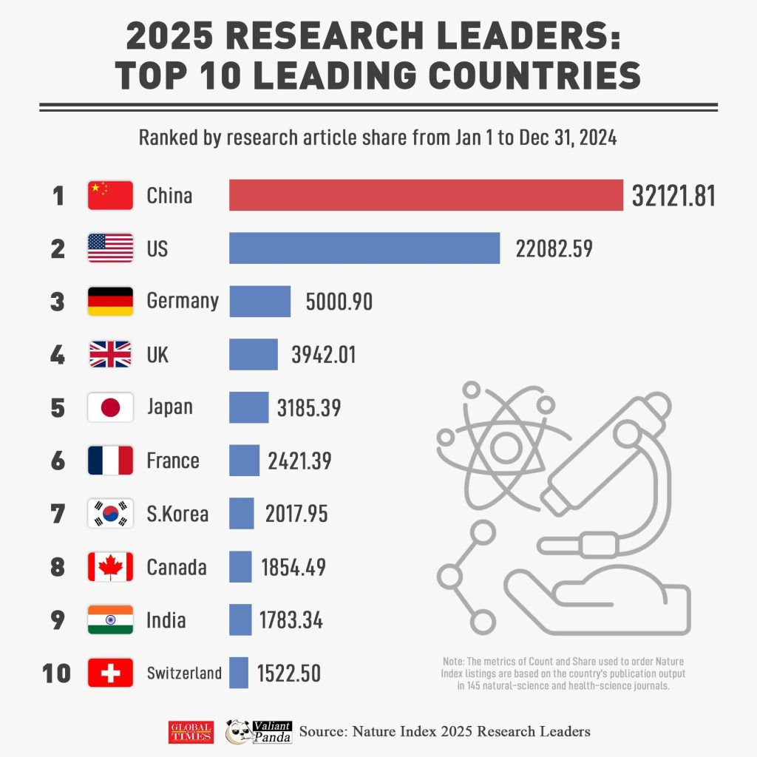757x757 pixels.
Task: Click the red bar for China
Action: [x=426, y=195]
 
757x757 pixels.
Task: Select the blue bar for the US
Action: [x=364, y=248]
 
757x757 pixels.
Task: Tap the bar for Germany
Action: [x=259, y=301]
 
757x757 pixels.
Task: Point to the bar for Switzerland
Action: [x=239, y=673]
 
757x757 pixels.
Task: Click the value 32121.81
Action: [x=673, y=196]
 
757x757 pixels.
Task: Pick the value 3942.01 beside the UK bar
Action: [x=323, y=355]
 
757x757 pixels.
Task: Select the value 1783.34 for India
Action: [x=291, y=620]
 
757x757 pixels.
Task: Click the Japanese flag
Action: [x=110, y=407]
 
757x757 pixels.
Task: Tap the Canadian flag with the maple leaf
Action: [x=110, y=567]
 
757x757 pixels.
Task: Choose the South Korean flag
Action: [x=110, y=514]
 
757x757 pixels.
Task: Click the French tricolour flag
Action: [x=110, y=461]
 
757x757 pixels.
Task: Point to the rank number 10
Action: [x=57, y=673]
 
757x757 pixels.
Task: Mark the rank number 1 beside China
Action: [x=58, y=196]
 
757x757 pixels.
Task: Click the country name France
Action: [x=173, y=461]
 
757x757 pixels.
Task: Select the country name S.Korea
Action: [x=177, y=514]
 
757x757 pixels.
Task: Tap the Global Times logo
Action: [x=191, y=732]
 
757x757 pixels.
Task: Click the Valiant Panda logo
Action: [x=259, y=731]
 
